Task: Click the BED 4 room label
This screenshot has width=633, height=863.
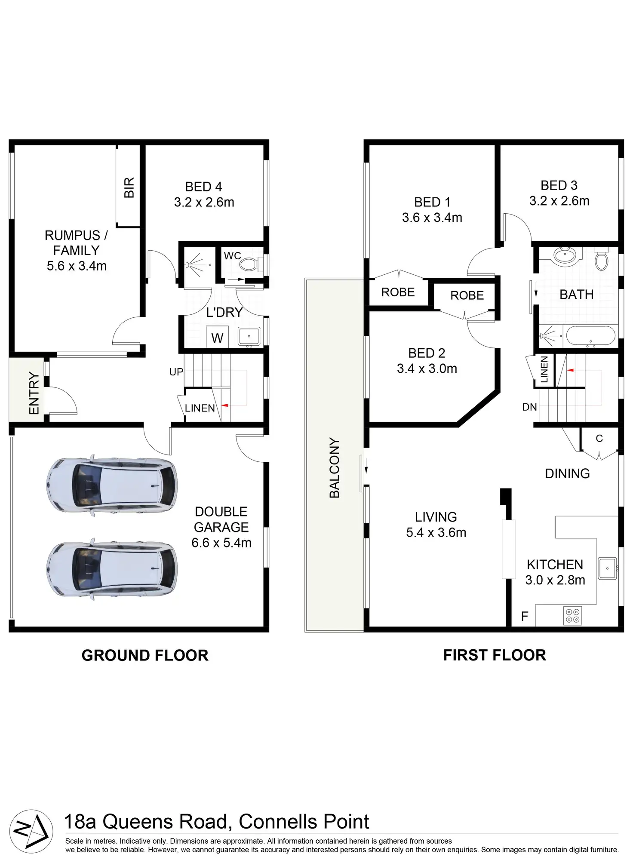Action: [203, 187]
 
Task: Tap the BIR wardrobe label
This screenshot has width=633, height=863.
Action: [129, 187]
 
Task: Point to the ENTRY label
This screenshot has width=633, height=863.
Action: [34, 393]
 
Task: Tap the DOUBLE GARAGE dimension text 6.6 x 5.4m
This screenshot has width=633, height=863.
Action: [221, 543]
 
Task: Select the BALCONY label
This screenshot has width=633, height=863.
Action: [334, 468]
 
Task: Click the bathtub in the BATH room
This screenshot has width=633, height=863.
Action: [590, 335]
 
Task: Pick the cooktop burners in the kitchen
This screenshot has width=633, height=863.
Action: [572, 616]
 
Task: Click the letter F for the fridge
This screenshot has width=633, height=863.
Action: [524, 616]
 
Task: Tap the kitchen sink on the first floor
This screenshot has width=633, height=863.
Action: [607, 568]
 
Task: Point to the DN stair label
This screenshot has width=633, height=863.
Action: [529, 407]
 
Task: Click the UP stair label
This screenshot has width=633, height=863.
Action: [176, 372]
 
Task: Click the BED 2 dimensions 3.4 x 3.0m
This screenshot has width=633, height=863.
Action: [427, 369]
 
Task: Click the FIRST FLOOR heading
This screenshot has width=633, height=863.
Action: [495, 655]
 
